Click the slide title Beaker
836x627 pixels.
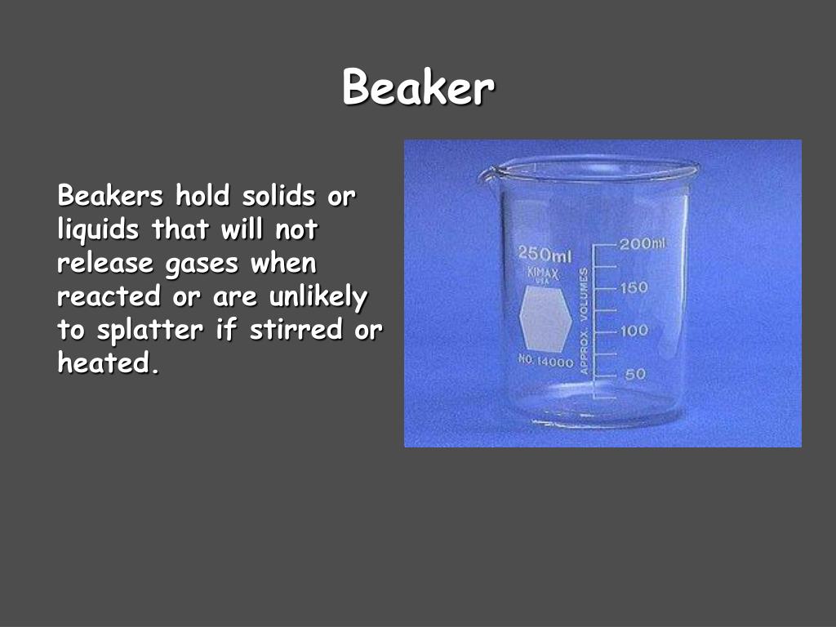418,87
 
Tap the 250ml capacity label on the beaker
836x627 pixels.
545,255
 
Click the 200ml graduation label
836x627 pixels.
643,244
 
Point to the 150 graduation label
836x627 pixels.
634,287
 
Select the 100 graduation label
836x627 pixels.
634,331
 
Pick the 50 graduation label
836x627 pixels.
635,374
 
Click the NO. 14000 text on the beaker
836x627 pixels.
546,362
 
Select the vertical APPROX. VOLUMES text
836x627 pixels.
584,321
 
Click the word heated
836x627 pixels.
104,363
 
